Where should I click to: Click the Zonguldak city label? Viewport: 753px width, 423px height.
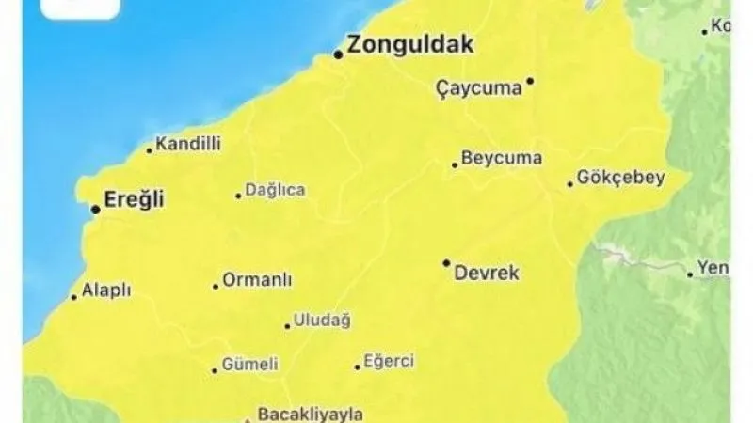click(409, 44)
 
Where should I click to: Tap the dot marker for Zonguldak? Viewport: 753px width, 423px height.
click(338, 54)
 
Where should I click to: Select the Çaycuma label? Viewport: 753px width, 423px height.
click(479, 89)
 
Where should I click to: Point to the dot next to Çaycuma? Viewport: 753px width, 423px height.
click(530, 81)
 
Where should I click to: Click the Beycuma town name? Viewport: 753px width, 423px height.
click(503, 158)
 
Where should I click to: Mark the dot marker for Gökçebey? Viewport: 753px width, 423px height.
click(570, 183)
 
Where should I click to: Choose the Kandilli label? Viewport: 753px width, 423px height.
click(188, 145)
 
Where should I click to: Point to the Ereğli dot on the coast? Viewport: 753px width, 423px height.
click(95, 209)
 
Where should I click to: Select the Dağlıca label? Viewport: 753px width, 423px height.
click(275, 190)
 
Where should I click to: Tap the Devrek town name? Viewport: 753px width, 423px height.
click(487, 274)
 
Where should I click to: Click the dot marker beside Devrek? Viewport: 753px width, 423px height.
click(446, 263)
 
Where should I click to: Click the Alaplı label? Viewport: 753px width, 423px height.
click(107, 290)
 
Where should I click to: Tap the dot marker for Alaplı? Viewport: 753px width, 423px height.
click(74, 298)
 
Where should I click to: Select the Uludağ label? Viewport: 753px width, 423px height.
click(323, 321)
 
